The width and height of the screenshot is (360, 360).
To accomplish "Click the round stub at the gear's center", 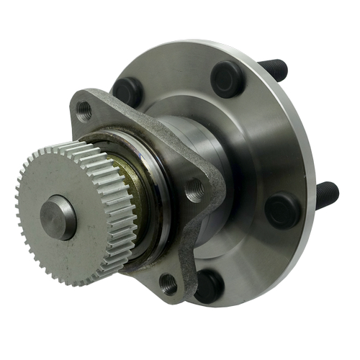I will tap(58, 217).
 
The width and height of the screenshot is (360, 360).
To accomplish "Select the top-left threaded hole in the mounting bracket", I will tap(85, 110).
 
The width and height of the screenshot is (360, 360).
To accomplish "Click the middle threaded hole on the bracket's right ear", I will tap(194, 191).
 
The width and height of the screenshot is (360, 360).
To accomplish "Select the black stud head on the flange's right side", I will tap(282, 210).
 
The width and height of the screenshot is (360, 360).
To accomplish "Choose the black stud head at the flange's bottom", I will tap(209, 285).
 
